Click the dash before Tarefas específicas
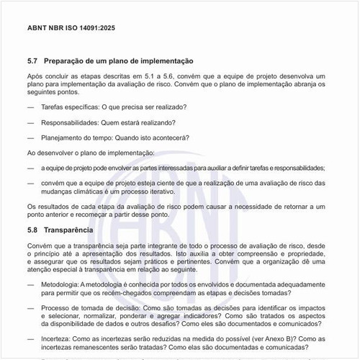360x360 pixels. click(30, 107)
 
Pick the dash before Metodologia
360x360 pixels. click(30, 284)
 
